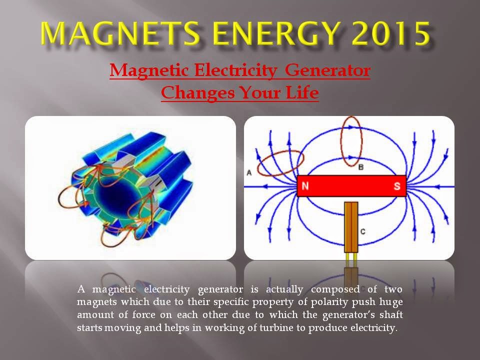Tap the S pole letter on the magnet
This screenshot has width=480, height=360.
397,186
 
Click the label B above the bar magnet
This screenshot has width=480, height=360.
361,167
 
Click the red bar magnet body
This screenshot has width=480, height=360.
350,186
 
